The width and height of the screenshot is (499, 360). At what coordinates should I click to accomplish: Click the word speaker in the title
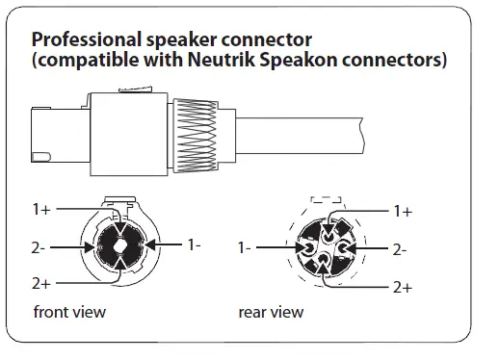pyautogui.click(x=179, y=41)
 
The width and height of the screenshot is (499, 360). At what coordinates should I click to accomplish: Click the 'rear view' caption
pyautogui.click(x=271, y=312)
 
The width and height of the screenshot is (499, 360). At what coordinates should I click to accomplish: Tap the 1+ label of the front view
pyautogui.click(x=40, y=208)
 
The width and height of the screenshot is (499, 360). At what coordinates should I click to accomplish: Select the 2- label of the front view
pyautogui.click(x=39, y=247)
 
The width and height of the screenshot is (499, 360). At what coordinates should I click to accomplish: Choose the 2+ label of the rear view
pyautogui.click(x=403, y=287)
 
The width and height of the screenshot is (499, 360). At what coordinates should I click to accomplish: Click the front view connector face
pyautogui.click(x=118, y=245)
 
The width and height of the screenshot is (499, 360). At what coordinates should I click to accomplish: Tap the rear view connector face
pyautogui.click(x=325, y=246)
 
